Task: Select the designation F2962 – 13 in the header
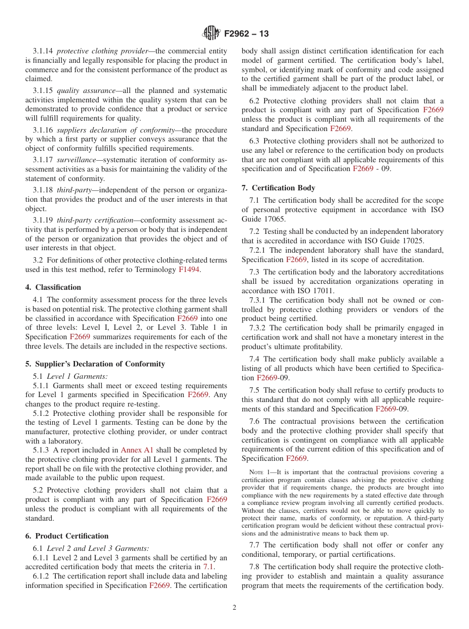coord(246,34)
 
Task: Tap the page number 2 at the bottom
coord(234,608)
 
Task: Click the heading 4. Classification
coord(53,287)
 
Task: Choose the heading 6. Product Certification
coord(67,536)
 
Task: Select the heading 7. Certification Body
coord(278,188)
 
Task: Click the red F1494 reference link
coord(189,270)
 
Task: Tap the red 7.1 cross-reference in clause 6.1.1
coord(209,567)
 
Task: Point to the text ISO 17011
coord(303,290)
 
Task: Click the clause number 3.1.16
coord(43,130)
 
